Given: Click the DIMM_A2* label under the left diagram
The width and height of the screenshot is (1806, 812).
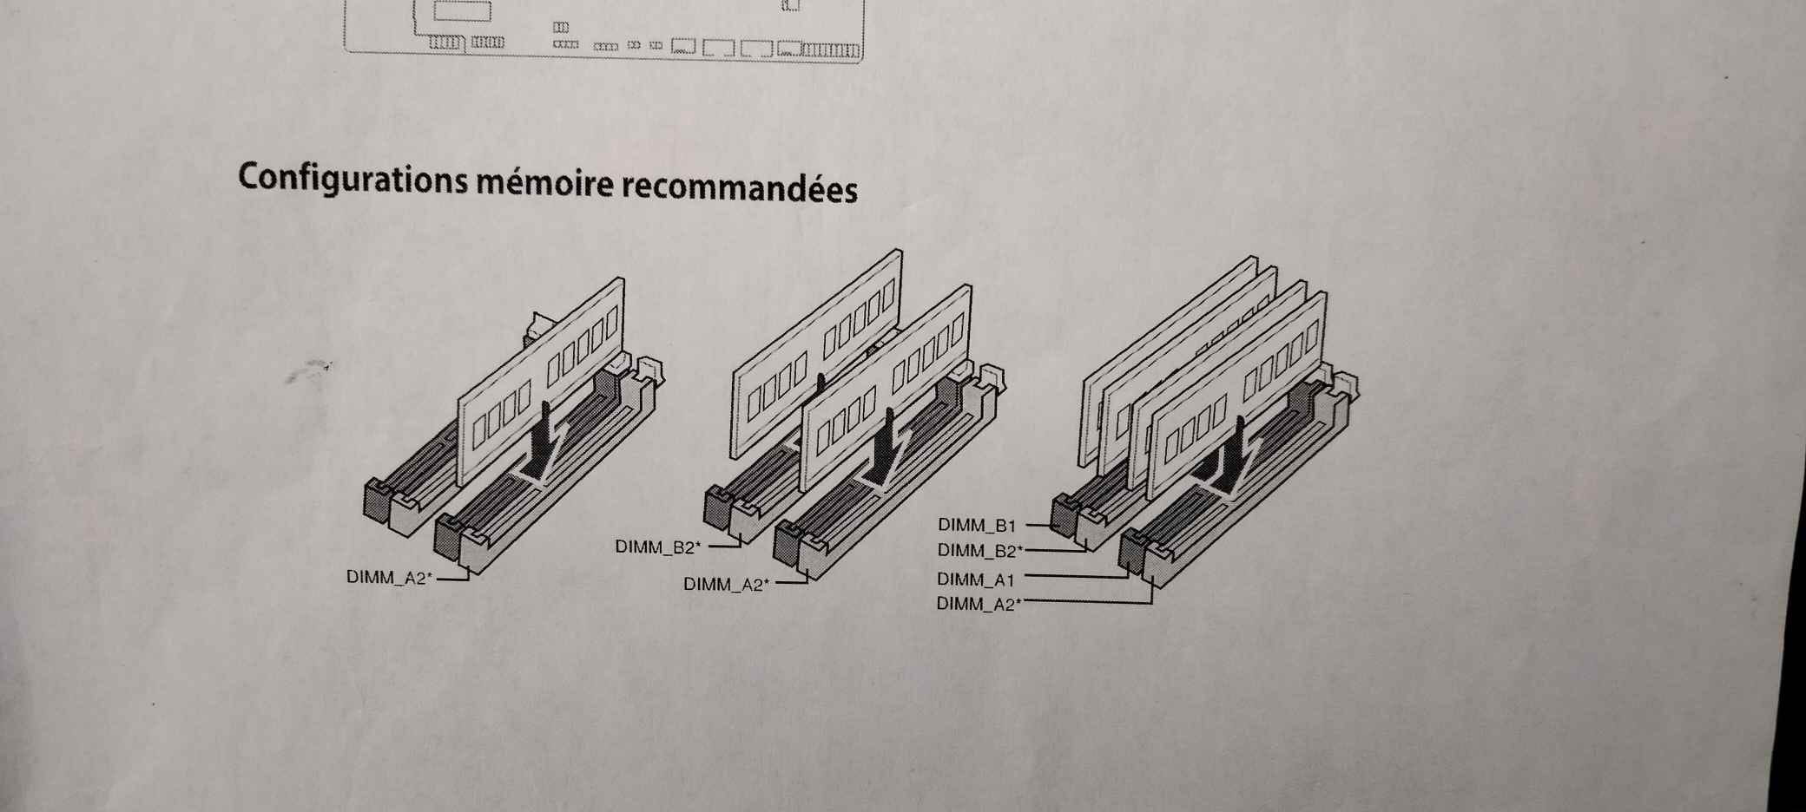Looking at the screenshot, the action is [x=389, y=577].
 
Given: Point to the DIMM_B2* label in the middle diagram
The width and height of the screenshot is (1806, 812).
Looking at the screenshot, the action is [x=657, y=547].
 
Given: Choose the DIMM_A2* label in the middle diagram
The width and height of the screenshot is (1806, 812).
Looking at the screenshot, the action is [x=726, y=584].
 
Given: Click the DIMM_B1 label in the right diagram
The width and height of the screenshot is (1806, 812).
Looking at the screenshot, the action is [x=977, y=525].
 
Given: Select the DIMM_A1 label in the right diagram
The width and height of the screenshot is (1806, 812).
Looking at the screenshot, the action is [x=976, y=580].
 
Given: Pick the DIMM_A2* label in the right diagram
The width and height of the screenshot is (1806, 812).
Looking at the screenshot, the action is [x=979, y=604].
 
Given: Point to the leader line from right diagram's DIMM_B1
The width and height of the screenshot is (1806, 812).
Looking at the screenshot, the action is [x=1038, y=525].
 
